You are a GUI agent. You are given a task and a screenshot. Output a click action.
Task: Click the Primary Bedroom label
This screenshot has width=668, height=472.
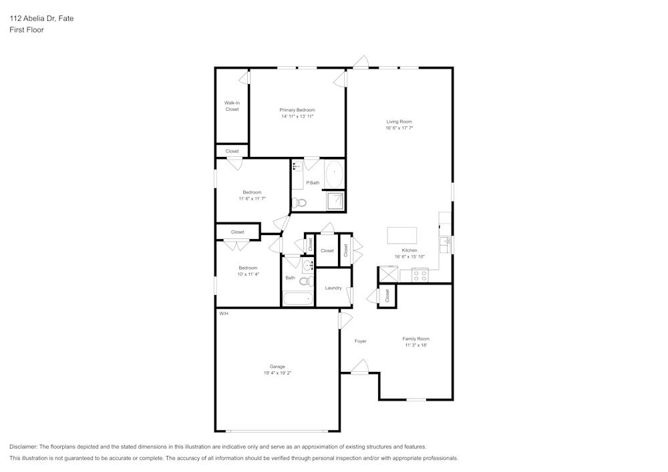tap(297, 109)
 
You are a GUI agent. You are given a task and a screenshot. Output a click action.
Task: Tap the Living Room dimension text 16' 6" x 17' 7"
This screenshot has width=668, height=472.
tap(399, 128)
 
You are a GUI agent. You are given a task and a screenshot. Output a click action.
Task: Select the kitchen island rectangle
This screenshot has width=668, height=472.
tap(402, 236)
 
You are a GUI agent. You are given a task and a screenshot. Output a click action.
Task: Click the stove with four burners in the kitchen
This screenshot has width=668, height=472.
tap(420, 274)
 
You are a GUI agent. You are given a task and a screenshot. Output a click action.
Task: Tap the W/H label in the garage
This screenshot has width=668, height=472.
tap(223, 313)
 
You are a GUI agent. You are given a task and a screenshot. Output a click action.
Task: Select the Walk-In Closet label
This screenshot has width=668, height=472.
tap(232, 105)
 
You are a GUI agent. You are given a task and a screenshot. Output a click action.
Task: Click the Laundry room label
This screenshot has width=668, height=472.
tap(333, 288)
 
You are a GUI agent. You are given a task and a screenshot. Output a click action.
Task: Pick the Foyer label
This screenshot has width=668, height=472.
tap(361, 341)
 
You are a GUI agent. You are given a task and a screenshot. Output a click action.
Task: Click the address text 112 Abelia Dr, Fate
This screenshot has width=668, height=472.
tap(41, 19)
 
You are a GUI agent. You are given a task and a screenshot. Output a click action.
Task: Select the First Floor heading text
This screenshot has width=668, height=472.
tap(27, 30)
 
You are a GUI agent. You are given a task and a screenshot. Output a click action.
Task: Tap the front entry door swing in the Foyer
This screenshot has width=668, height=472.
tap(359, 367)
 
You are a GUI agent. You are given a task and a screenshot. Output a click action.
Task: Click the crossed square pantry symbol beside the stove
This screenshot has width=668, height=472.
tap(389, 274)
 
